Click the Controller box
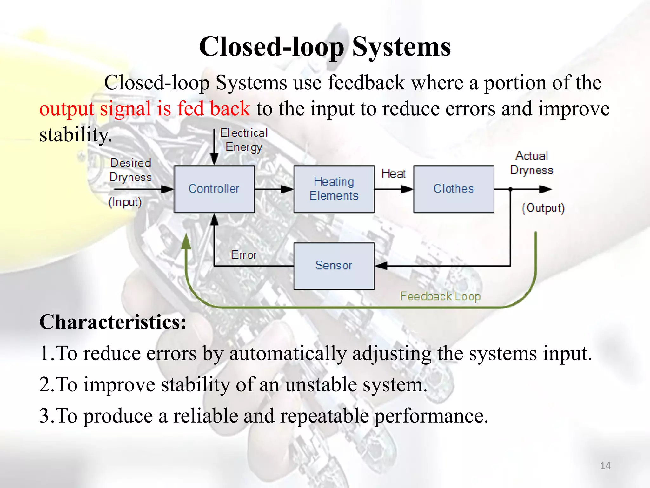214,189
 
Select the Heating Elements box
334,189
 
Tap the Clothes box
454,189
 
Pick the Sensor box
334,266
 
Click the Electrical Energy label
244,140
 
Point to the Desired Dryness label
130,170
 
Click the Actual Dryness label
532,163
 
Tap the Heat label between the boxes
394,173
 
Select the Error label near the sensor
243,255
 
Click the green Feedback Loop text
440,296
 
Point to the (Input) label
125,202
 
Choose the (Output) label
543,208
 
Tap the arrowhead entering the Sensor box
381,266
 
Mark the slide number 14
605,466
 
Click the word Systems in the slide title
401,47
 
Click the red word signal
125,109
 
